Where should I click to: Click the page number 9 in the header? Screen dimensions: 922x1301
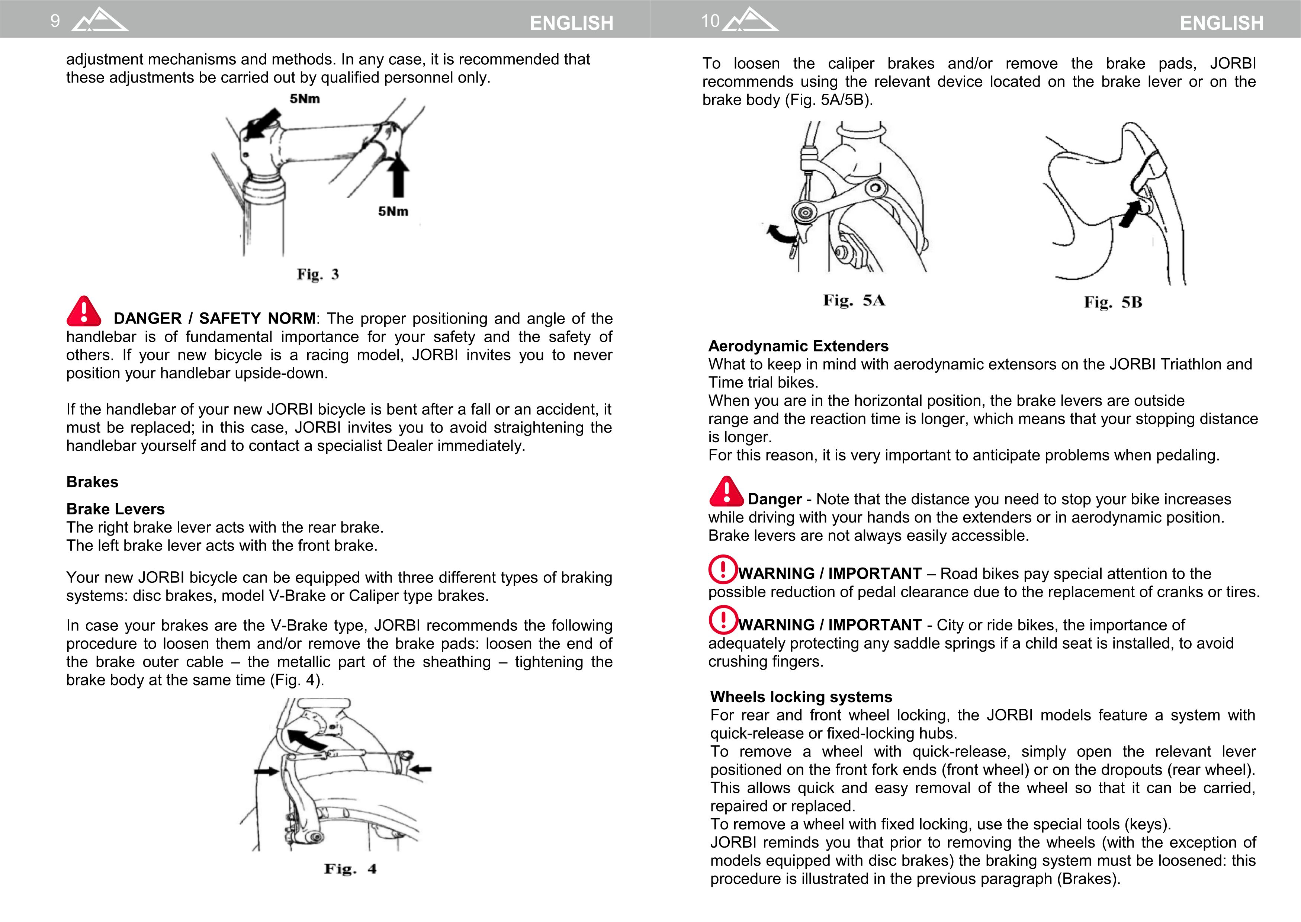pos(55,21)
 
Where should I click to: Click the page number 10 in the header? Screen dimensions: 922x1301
pos(710,21)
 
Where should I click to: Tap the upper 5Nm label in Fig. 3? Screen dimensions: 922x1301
pos(305,99)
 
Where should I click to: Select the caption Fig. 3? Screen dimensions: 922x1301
pos(318,275)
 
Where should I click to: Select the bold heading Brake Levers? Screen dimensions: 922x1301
pos(115,509)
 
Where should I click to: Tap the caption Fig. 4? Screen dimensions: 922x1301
pos(350,869)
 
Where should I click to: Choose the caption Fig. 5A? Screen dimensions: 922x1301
pos(854,301)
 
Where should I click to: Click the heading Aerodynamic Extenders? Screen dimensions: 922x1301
pos(798,346)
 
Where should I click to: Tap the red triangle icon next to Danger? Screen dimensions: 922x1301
pos(726,492)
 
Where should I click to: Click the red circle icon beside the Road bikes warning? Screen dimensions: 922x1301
pos(723,569)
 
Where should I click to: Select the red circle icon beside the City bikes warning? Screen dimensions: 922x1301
pos(723,620)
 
